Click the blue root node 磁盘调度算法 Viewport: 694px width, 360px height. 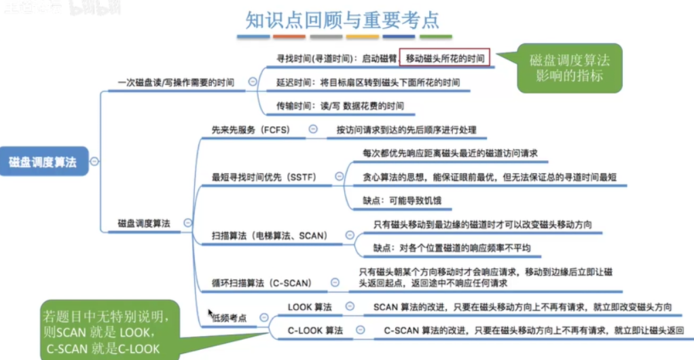[43, 162]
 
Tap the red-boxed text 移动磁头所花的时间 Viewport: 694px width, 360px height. [445, 59]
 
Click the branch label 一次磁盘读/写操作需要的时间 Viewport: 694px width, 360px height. [176, 82]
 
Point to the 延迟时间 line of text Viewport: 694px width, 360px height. [367, 82]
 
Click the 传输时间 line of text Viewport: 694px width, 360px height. [340, 105]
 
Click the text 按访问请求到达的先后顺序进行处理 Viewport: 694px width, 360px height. [406, 129]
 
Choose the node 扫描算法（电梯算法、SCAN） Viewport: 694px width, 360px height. [270, 236]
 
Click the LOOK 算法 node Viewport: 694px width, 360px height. [310, 307]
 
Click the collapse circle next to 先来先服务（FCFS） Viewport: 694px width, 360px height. [313, 128]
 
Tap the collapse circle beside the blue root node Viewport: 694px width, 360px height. [94, 162]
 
